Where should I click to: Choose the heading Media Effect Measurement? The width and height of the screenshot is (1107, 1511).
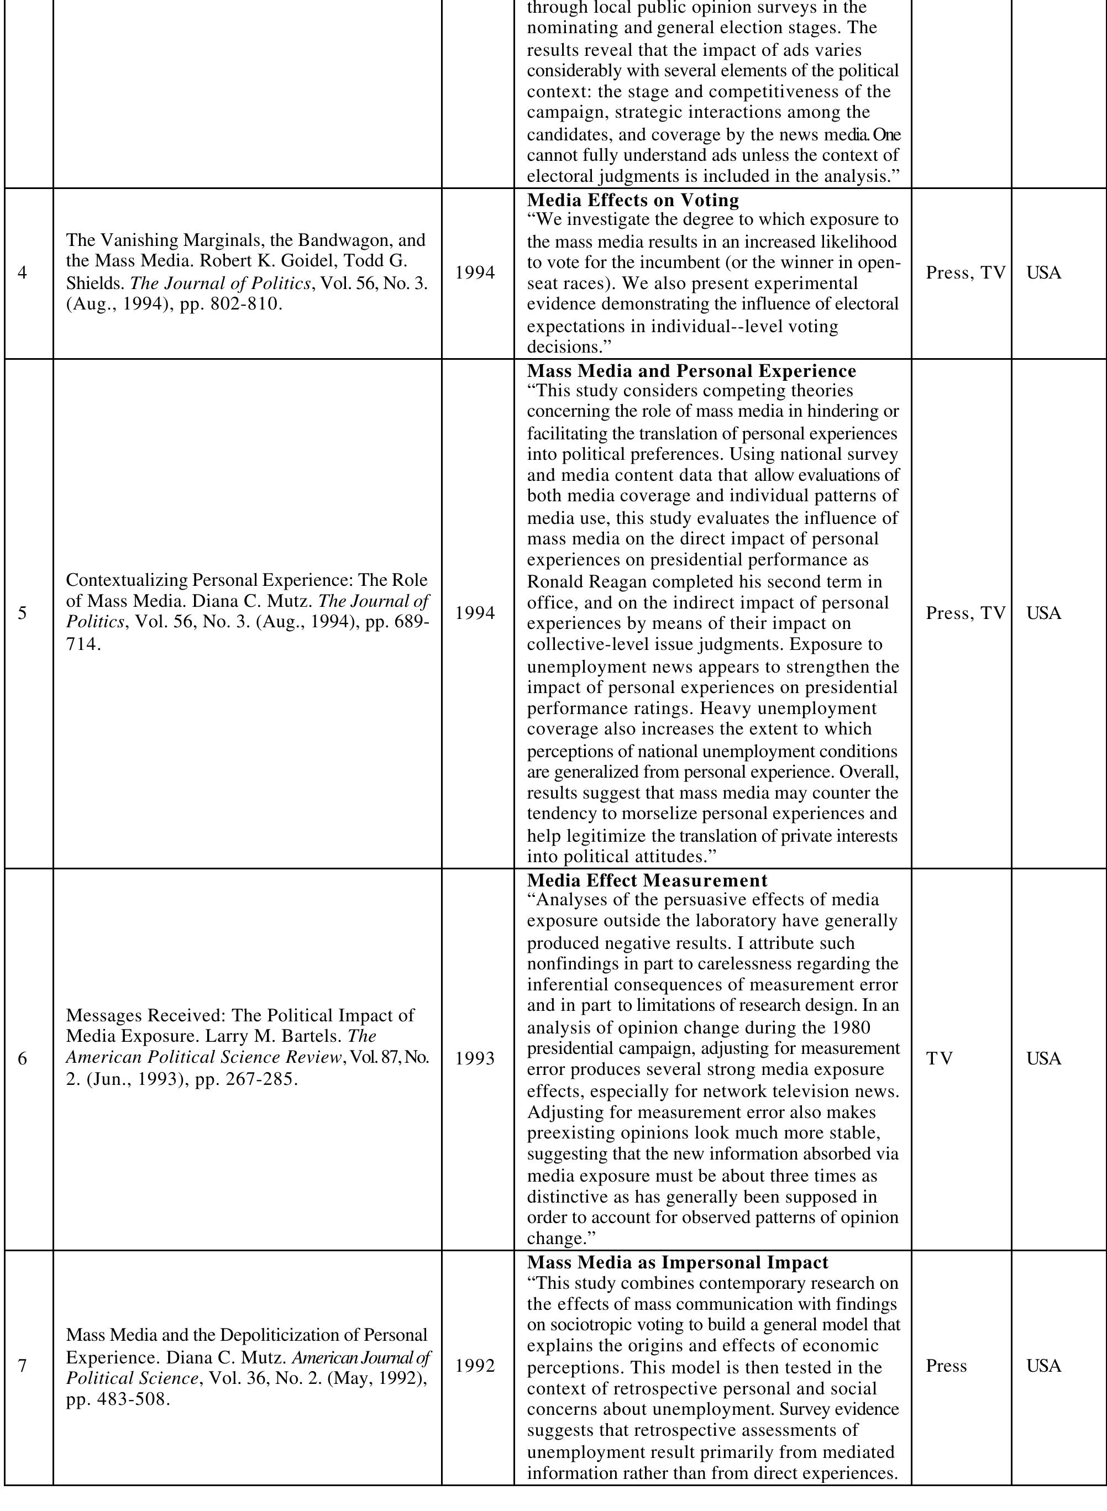[647, 880]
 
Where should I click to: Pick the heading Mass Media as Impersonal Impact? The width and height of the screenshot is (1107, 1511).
[678, 1262]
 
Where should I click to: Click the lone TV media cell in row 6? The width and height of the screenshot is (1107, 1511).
[939, 1059]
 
